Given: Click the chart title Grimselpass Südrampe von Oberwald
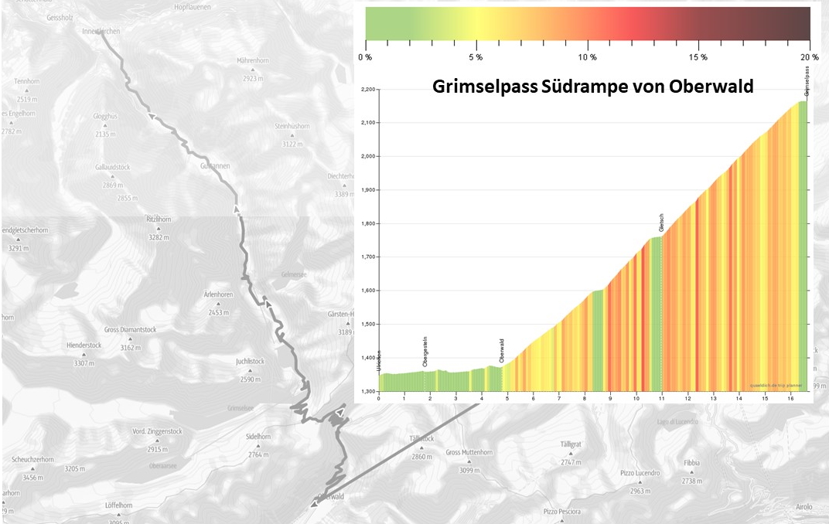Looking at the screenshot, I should click(592, 87).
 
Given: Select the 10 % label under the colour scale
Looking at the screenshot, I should click(588, 58).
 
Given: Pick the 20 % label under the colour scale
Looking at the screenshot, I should click(810, 58).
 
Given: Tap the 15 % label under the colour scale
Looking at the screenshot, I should click(698, 58).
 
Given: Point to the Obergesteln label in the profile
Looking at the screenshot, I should click(425, 352).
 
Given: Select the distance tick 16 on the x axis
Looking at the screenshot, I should click(790, 397).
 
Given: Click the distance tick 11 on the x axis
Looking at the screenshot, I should click(661, 397).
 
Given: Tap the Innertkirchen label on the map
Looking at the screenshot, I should click(101, 31).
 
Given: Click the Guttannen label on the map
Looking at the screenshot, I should click(214, 166).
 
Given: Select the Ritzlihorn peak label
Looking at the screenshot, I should click(159, 219).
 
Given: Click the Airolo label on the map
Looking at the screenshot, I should click(804, 507).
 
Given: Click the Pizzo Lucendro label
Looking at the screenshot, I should click(640, 473).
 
